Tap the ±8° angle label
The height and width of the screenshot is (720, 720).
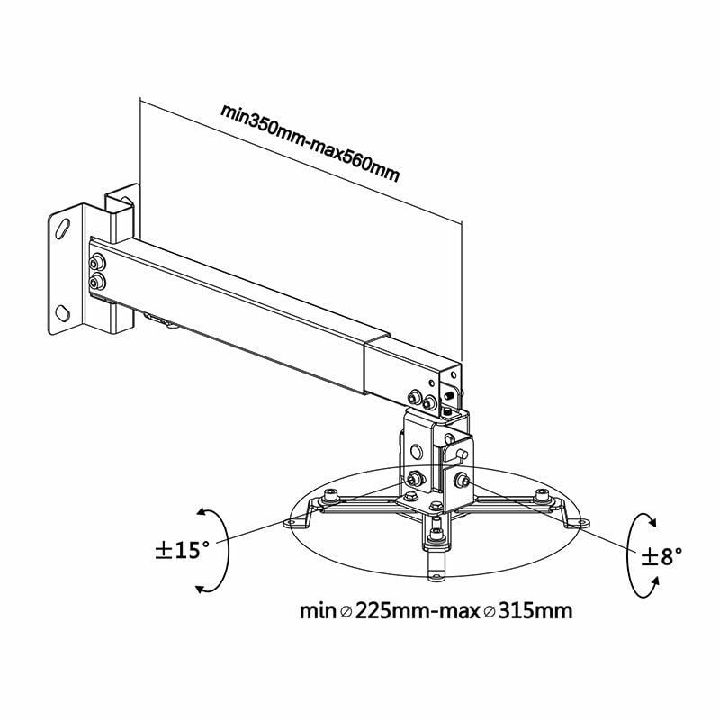tap(661, 555)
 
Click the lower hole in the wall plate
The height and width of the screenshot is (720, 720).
tap(62, 313)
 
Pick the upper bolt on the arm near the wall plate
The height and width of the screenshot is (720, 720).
tap(96, 264)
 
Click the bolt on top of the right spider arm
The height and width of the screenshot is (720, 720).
tap(542, 494)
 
